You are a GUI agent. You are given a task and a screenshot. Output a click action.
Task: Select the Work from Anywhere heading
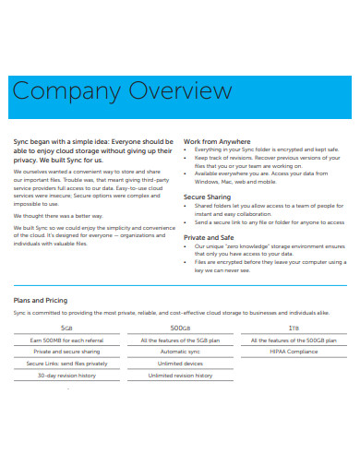tap(224, 140)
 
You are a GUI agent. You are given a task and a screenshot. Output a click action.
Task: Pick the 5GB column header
tap(67, 328)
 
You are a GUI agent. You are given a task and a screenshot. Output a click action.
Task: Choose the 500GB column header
tap(180, 328)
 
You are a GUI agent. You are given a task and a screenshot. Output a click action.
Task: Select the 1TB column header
tap(293, 328)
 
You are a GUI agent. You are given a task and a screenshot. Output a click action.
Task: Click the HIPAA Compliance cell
tap(293, 352)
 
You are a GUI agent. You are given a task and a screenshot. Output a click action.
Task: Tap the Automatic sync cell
tap(180, 352)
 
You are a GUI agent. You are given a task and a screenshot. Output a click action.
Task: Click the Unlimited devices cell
tap(180, 364)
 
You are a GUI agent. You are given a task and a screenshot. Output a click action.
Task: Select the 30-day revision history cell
tap(67, 376)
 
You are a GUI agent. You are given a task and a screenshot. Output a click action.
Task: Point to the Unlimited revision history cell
tap(180, 376)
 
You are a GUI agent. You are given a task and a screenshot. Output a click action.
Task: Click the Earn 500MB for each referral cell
tap(67, 340)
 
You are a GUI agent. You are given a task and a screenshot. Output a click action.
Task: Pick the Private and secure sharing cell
tap(67, 352)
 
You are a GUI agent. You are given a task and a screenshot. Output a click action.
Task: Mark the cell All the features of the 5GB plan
tap(180, 340)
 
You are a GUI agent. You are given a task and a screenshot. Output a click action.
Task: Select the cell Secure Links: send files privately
tap(67, 364)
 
